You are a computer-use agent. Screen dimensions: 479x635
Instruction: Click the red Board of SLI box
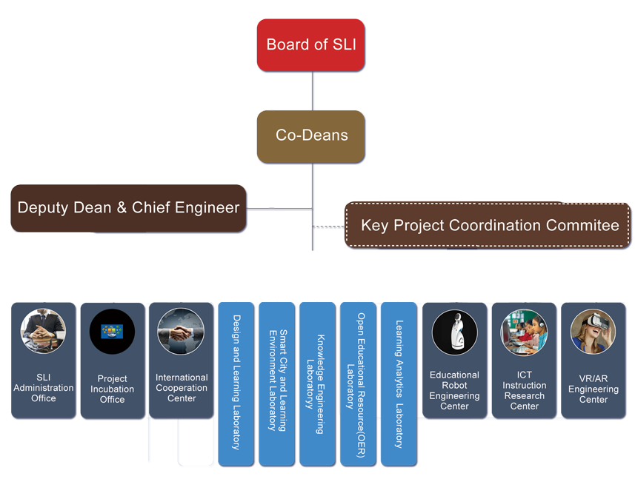(311, 45)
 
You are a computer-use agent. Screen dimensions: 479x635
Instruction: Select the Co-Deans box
(311, 135)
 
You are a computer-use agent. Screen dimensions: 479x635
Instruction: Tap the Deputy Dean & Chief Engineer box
(128, 208)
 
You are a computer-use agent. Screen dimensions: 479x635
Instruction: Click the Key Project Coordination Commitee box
(489, 225)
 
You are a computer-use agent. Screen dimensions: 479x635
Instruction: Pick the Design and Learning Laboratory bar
(236, 382)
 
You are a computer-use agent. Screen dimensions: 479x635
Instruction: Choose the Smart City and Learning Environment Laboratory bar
(276, 382)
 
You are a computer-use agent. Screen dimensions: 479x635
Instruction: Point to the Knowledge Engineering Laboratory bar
(316, 382)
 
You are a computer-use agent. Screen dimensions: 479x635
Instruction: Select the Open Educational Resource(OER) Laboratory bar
(356, 382)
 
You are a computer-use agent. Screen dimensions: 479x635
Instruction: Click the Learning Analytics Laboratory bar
(398, 382)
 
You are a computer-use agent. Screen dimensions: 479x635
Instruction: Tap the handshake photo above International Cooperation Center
(181, 332)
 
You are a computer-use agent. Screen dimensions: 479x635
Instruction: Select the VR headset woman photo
(593, 332)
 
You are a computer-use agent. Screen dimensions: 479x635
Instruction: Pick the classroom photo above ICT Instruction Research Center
(524, 332)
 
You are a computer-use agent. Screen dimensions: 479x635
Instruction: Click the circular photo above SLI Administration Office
(43, 332)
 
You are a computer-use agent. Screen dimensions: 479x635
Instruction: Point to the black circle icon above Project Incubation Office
(112, 332)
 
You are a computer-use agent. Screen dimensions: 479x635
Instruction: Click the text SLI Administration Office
(43, 388)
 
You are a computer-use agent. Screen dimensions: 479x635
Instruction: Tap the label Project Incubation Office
(112, 389)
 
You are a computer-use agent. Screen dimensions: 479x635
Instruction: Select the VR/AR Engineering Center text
(593, 389)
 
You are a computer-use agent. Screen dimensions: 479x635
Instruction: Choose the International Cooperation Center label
(181, 388)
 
